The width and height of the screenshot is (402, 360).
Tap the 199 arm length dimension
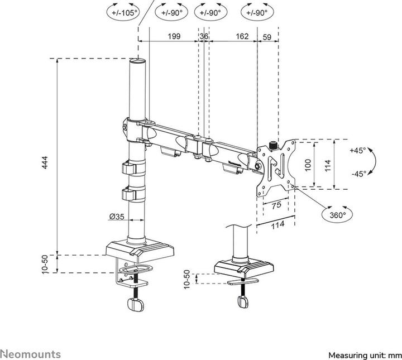point(174,36)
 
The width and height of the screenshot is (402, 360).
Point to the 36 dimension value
point(204,36)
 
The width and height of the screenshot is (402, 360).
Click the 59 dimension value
point(267,36)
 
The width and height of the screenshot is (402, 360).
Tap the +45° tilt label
point(358,151)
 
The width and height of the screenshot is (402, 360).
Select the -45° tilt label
point(358,174)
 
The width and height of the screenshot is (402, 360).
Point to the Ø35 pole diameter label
point(117,217)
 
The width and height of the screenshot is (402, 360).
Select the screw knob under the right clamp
point(243,301)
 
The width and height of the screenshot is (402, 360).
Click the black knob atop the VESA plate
point(274,145)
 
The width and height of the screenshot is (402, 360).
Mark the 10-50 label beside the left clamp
point(52,263)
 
